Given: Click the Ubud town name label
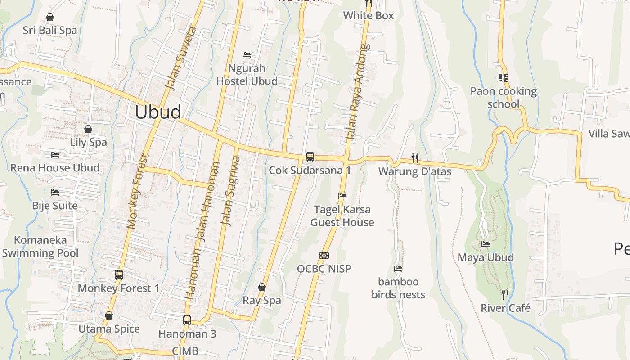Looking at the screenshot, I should [158, 112].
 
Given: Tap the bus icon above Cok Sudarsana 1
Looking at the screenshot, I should [310, 157].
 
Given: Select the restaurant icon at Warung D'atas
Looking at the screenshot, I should [415, 158].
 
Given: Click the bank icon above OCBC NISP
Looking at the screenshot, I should [324, 256].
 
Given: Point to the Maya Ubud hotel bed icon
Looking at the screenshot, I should [486, 244].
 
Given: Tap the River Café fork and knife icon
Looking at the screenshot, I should [505, 295].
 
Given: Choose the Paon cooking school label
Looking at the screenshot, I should [504, 98].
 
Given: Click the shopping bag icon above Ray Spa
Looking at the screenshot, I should [262, 287].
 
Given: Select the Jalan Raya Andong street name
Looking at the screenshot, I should [358, 93].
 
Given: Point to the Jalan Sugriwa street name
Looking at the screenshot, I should [230, 191].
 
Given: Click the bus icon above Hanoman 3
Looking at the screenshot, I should [187, 320].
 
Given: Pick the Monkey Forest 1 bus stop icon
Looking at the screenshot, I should [119, 275].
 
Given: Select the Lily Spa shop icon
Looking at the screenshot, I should [88, 129].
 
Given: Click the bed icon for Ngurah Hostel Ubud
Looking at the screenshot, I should [247, 55].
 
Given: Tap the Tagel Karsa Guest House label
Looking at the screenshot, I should [342, 216].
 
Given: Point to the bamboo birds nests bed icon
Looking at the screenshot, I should [398, 269].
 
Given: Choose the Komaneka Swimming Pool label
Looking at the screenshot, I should [40, 247].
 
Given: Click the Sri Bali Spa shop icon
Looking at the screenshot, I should [50, 17].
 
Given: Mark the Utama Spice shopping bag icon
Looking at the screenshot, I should [109, 315].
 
